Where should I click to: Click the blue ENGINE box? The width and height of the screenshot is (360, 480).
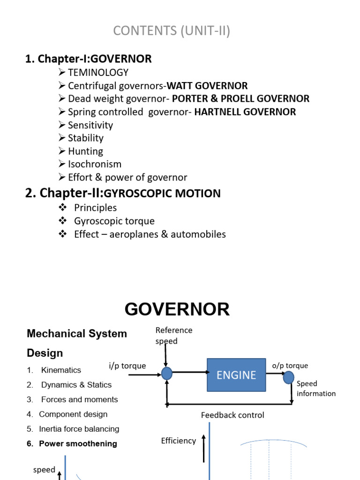[x=236, y=375]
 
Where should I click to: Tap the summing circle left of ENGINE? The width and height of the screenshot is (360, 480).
[x=166, y=373]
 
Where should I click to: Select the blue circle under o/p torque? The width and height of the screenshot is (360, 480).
[x=289, y=377]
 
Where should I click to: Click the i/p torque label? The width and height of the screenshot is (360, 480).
[x=127, y=366]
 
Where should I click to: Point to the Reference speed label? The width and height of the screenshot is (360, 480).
[x=173, y=336]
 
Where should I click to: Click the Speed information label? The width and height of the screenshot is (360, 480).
[x=315, y=389]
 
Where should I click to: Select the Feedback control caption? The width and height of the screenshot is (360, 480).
[x=232, y=415]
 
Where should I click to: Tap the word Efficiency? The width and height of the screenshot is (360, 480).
[x=178, y=441]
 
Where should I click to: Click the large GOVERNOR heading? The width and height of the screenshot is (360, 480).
[x=177, y=309]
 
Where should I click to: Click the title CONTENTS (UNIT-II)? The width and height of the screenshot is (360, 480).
[x=172, y=31]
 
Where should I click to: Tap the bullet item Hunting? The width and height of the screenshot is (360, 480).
[x=85, y=151]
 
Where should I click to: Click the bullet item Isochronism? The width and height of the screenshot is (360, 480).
[x=94, y=164]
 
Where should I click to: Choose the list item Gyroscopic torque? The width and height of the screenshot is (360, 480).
[x=114, y=221]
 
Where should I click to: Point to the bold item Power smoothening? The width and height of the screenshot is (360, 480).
[x=78, y=443]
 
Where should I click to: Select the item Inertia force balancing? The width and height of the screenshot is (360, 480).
[x=79, y=429]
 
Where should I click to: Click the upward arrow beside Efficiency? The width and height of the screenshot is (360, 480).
[x=204, y=448]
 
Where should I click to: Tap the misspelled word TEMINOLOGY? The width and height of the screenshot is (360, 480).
[x=98, y=73]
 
